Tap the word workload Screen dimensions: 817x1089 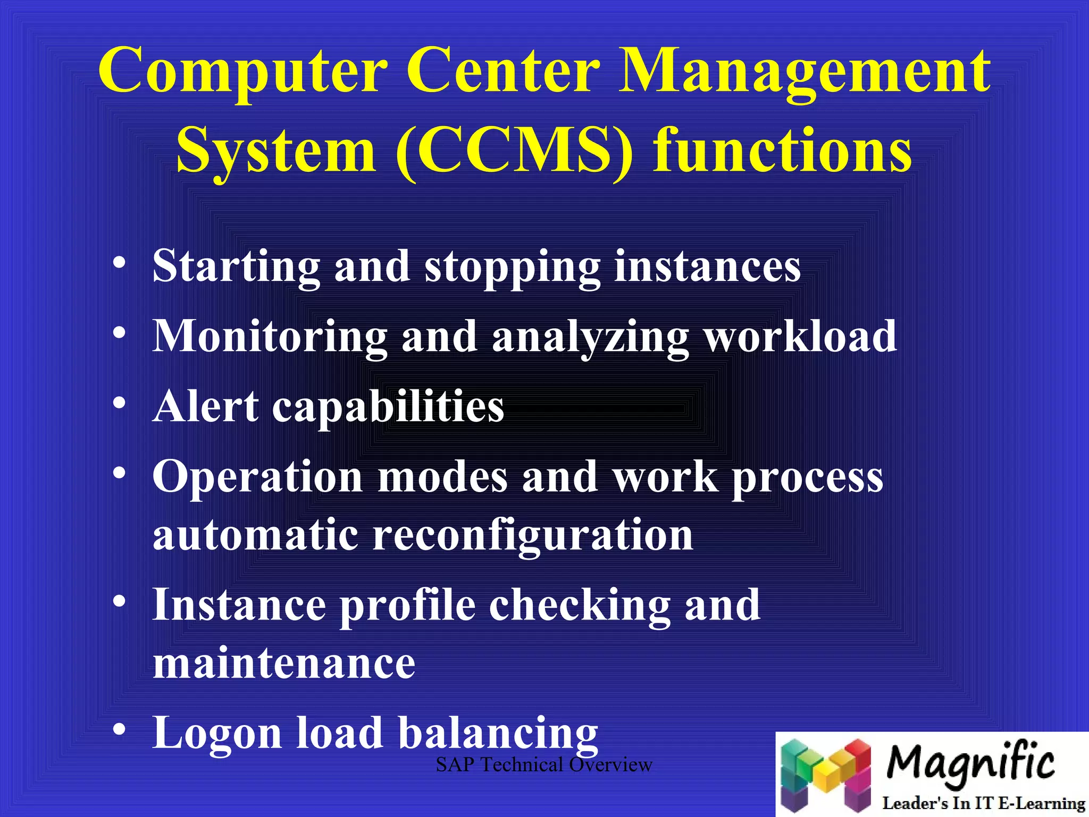click(x=801, y=336)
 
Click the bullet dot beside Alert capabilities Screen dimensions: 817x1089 click(x=120, y=403)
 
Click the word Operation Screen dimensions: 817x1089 click(x=258, y=477)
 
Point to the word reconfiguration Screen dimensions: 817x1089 click(x=533, y=536)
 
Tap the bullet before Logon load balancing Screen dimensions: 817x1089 click(x=120, y=729)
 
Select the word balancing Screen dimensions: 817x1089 click(x=498, y=735)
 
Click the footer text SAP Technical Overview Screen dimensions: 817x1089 click(x=543, y=765)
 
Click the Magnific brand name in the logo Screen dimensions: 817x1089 click(x=970, y=762)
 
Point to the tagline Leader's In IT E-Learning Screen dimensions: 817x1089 click(x=984, y=803)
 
